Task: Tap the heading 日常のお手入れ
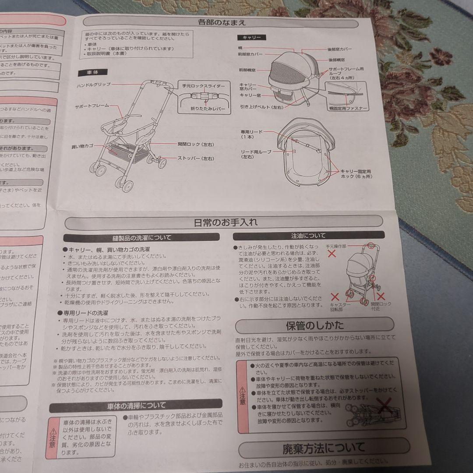tap(226, 222)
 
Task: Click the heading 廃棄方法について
tap(324, 448)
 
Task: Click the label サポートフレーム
tap(92, 106)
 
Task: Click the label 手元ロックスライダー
tap(204, 86)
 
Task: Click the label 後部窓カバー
tap(340, 49)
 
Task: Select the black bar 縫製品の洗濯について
tap(141, 238)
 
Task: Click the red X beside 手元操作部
tap(333, 253)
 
